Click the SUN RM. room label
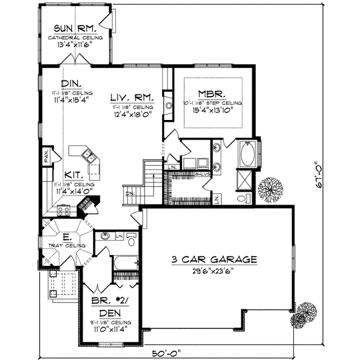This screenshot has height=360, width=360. point(76,28)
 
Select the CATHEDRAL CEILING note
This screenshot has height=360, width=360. point(76,37)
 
